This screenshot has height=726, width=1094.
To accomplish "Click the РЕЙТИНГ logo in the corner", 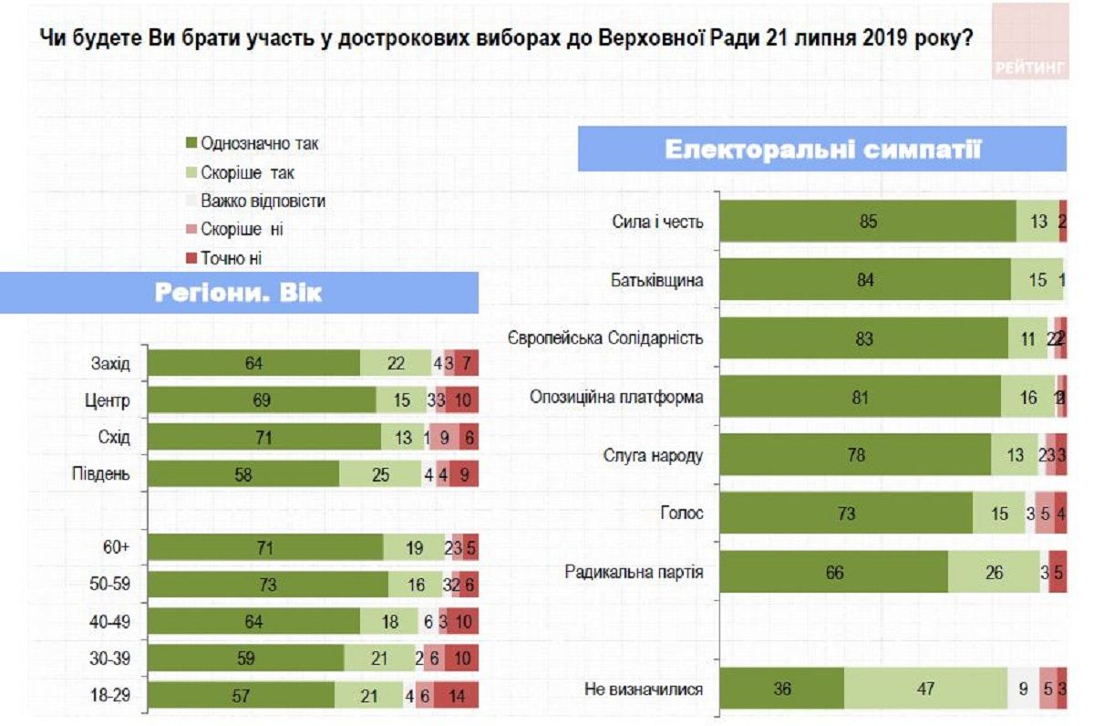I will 1030,41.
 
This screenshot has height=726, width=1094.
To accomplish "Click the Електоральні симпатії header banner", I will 821,149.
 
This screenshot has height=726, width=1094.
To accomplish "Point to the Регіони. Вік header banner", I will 239,293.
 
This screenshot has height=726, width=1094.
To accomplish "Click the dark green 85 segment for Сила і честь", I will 867,221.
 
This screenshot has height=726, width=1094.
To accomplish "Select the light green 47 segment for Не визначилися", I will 925,689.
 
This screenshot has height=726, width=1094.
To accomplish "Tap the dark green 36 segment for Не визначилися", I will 781,689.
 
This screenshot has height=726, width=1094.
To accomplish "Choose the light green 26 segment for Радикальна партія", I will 994,573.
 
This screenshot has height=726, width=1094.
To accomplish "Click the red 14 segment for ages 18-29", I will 456,694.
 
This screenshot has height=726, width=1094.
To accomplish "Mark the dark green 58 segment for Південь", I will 243,474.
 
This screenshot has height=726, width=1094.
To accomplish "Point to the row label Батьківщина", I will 656,280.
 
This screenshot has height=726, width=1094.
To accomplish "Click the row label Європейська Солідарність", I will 604,338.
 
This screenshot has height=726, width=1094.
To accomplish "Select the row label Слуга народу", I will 654,455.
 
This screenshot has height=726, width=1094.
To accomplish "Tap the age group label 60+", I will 115,547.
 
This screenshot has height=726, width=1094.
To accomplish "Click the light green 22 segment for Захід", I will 396,364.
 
